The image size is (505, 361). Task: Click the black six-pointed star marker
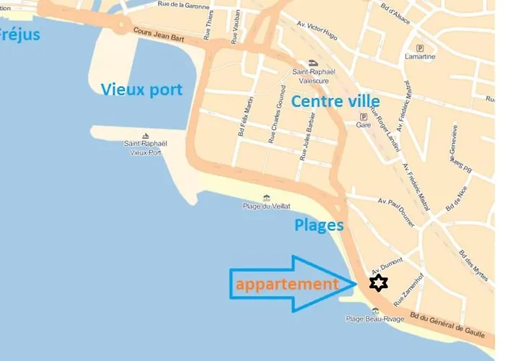coord(377,283)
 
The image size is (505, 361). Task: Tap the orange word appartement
coord(287,284)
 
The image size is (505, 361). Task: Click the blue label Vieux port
coord(141,90)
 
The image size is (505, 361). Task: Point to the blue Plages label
coord(319,225)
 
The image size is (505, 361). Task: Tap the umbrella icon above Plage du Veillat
coord(266,197)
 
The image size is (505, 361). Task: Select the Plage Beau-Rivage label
coord(374,319)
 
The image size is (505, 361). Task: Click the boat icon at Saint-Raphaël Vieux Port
coord(146,136)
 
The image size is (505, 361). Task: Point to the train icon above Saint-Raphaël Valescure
coord(311,63)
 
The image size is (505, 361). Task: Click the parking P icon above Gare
coord(363,116)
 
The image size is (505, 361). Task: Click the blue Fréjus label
coord(19,34)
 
